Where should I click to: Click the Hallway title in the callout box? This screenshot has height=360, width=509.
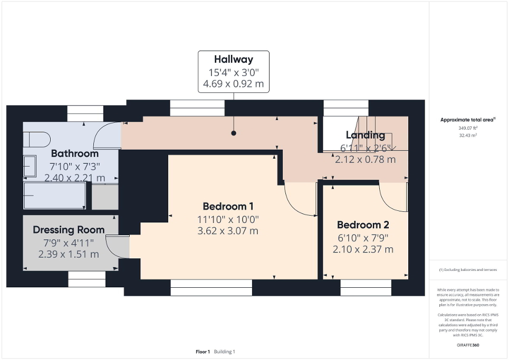click(233, 60)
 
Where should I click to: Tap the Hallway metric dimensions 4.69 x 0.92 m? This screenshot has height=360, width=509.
click(233, 84)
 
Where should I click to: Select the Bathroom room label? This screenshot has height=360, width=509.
click(74, 154)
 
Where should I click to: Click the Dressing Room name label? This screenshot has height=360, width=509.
click(69, 230)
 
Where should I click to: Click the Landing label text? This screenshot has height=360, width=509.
click(365, 135)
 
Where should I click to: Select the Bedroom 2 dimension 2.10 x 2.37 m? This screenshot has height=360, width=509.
click(363, 249)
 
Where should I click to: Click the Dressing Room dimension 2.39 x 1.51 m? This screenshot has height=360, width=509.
click(69, 254)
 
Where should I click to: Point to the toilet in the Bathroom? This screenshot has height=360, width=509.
click(36, 140)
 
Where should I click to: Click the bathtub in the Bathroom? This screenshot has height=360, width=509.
click(54, 195)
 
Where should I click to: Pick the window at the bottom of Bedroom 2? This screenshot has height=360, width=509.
click(366, 287)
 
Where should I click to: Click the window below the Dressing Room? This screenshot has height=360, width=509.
click(87, 279)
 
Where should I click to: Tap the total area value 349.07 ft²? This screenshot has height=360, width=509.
click(468, 128)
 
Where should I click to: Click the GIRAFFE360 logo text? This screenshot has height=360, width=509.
click(468, 345)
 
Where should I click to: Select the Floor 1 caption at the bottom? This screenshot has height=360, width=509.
click(203, 352)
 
